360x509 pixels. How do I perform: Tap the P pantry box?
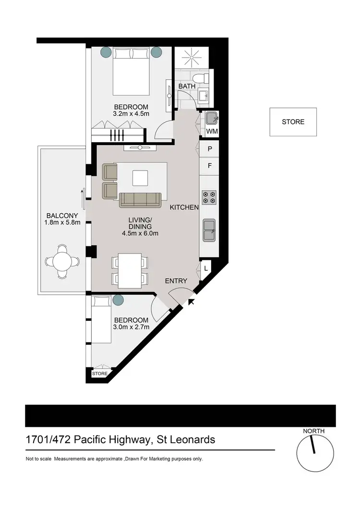(x=210, y=149)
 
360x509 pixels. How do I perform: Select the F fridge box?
(x=210, y=166)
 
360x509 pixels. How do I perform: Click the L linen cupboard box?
(x=205, y=268)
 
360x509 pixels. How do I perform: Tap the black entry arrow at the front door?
(x=192, y=302)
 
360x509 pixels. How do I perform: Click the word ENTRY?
(x=176, y=281)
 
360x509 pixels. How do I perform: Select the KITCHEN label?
(x=184, y=208)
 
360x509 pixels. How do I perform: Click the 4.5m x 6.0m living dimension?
(x=140, y=234)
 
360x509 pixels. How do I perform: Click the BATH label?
(x=186, y=86)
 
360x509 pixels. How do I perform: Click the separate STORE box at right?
(x=293, y=122)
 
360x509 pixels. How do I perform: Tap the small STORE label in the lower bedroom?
(x=100, y=374)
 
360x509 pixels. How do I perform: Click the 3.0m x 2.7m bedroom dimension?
(x=131, y=327)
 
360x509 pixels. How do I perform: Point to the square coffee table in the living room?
(x=141, y=178)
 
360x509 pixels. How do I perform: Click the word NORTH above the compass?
(x=313, y=431)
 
